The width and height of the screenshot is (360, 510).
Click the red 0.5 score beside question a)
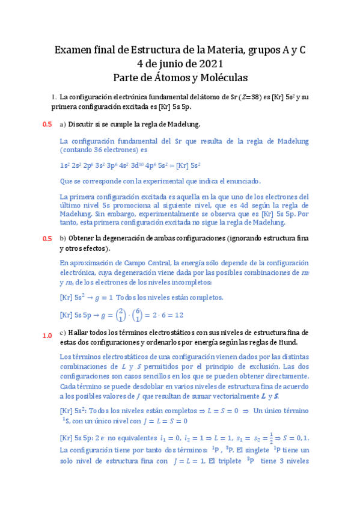tap(47, 124)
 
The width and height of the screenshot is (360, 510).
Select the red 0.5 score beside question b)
tap(47, 239)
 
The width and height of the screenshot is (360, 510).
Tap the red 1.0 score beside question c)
tap(47, 336)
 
